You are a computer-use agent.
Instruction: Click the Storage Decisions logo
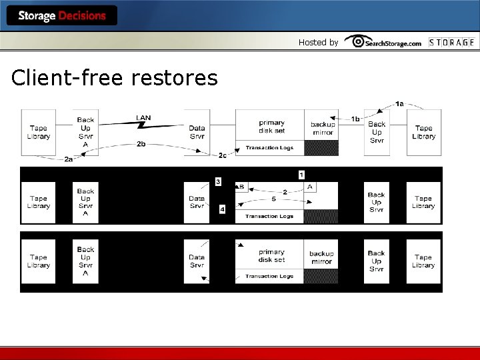(62, 15)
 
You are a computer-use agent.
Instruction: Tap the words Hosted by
(318, 42)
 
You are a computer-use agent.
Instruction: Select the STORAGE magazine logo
(451, 42)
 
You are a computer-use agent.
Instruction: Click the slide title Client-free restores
(115, 78)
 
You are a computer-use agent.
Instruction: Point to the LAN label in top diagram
(143, 118)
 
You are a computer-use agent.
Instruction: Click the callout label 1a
(399, 103)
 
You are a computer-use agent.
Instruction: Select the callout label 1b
(355, 119)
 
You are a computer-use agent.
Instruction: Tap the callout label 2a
(69, 160)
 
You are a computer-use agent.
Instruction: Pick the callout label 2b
(141, 143)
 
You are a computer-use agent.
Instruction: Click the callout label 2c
(222, 155)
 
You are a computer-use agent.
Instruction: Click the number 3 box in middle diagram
(217, 182)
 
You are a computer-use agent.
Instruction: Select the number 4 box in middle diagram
(222, 209)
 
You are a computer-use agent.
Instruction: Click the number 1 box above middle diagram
(301, 175)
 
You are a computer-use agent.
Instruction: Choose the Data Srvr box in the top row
(197, 132)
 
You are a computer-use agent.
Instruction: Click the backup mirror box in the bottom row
(321, 257)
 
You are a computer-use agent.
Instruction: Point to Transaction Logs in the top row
(269, 148)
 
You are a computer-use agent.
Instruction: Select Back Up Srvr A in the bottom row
(85, 261)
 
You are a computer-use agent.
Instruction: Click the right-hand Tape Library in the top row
(423, 132)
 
